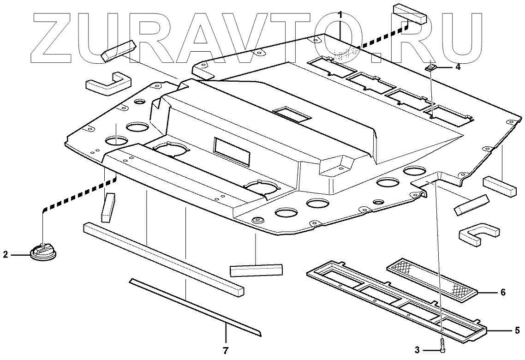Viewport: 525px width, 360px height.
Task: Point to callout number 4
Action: coord(457,67)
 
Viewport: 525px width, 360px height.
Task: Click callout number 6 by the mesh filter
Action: coord(503,292)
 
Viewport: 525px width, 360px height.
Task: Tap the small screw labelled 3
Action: coord(442,343)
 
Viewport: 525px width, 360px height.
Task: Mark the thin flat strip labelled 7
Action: coord(194,305)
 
